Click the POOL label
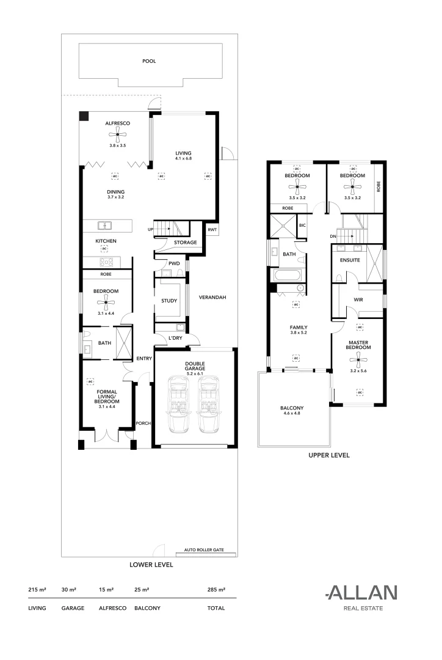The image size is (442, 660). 148,61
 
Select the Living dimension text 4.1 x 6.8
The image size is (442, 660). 183,159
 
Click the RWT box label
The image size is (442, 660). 212,229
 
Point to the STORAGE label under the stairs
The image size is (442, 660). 185,243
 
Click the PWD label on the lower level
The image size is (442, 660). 174,263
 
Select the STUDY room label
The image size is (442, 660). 169,301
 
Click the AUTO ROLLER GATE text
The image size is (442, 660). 204,550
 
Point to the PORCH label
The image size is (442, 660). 143,423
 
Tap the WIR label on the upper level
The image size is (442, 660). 358,299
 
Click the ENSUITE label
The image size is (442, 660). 350,260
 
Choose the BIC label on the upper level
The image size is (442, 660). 302,225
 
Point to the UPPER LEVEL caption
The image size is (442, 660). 328,456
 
